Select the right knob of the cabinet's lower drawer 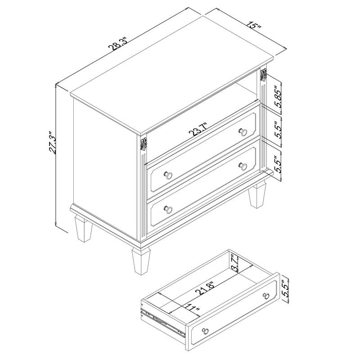pyautogui.click(x=243, y=166)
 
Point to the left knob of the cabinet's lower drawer pyautogui.click(x=168, y=209)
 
